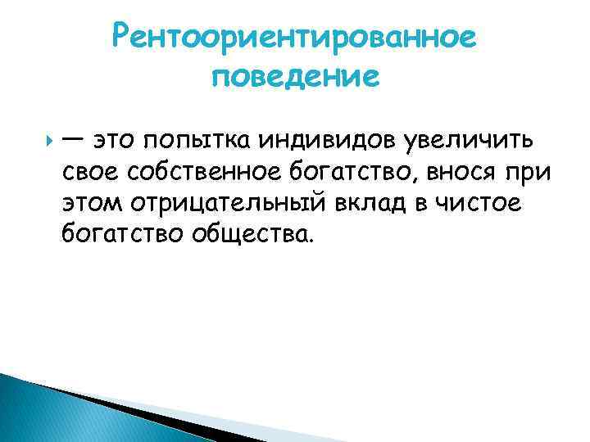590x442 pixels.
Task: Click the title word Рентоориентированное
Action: tap(295, 37)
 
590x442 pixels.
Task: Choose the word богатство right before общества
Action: tap(122, 237)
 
